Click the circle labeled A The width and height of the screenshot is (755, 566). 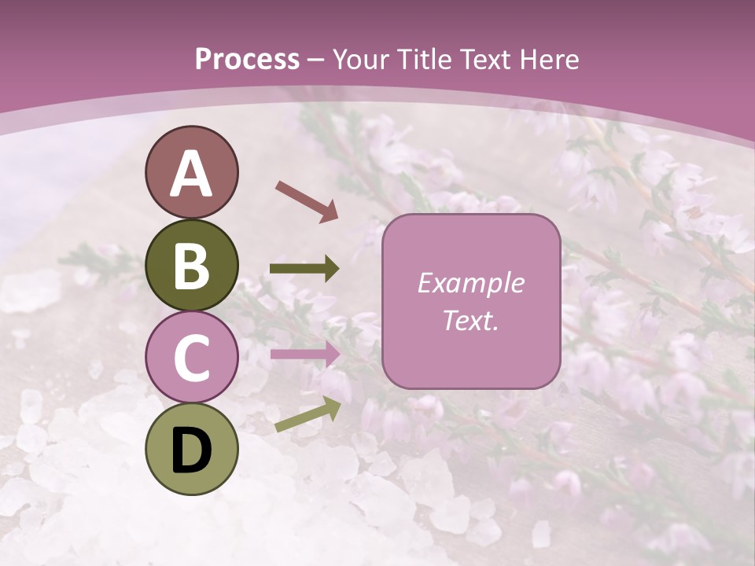tap(191, 172)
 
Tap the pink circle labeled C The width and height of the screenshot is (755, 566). tap(191, 357)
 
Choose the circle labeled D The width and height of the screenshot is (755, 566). tap(191, 449)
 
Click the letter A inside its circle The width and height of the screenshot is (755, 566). tap(191, 174)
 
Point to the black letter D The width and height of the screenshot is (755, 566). tap(191, 450)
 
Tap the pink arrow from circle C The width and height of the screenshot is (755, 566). tap(305, 354)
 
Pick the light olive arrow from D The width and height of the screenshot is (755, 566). tap(308, 414)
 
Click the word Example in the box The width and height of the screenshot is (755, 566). tap(470, 283)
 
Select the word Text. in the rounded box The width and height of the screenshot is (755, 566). tap(470, 320)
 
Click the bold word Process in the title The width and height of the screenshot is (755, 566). tap(247, 59)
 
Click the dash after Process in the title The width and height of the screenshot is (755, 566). tap(315, 61)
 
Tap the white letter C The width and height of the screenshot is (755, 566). tap(191, 358)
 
